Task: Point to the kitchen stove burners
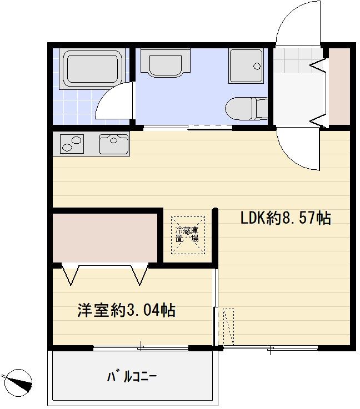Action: (71, 144)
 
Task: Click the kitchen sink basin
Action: (113, 144)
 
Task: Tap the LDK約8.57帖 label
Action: (285, 218)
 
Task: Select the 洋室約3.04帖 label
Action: (126, 310)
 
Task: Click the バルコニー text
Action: (132, 377)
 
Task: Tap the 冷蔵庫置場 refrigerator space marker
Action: (188, 235)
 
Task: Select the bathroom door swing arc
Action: (114, 101)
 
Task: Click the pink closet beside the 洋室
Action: (106, 234)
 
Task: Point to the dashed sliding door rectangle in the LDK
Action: (228, 327)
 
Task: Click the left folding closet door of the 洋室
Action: (71, 274)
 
